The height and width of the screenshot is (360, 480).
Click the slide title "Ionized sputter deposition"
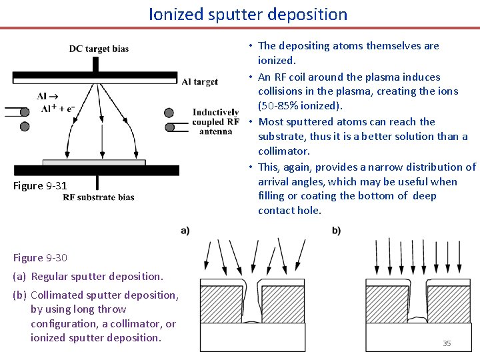click(x=248, y=14)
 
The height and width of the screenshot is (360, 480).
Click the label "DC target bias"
click(x=99, y=49)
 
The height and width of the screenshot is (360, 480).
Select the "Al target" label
click(x=199, y=82)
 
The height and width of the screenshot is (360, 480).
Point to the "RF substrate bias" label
click(x=99, y=197)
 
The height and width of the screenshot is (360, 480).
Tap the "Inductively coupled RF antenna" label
click(x=215, y=121)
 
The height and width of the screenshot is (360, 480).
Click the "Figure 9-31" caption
click(x=40, y=185)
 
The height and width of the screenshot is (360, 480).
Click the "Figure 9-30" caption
click(x=40, y=257)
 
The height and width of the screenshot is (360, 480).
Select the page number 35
click(x=447, y=343)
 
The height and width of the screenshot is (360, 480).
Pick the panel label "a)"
click(x=185, y=231)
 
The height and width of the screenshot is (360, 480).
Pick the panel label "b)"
click(x=336, y=231)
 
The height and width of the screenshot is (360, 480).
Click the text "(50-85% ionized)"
click(x=301, y=107)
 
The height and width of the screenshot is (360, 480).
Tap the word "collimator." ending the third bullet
click(x=284, y=151)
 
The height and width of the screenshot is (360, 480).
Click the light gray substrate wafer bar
click(x=94, y=162)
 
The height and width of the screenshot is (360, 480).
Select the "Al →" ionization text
click(x=47, y=96)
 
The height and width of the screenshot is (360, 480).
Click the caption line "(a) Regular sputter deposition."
click(x=87, y=276)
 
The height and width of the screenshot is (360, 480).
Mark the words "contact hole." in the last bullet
click(x=290, y=211)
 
